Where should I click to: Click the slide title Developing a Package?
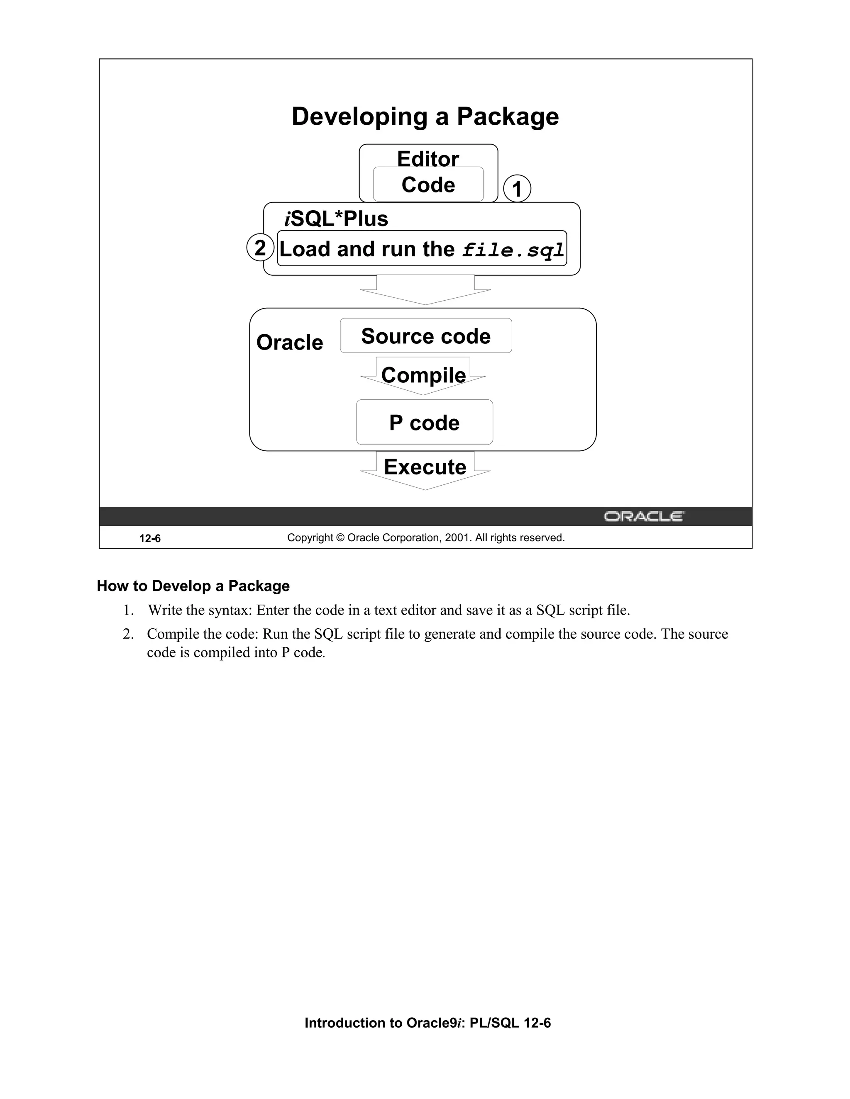tap(425, 117)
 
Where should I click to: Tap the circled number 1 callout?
tap(517, 189)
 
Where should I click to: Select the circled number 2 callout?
tap(260, 248)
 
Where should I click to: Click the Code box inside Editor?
tap(428, 185)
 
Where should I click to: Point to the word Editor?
tap(428, 158)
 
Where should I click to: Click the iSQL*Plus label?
tap(336, 219)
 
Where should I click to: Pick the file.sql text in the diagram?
tap(513, 250)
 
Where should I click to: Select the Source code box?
tap(426, 336)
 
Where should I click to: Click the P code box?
tap(425, 423)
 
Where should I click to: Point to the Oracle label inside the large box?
tap(290, 343)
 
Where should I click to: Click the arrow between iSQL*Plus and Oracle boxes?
tap(425, 290)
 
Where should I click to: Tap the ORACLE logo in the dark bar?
tap(644, 517)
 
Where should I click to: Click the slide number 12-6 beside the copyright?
tap(150, 538)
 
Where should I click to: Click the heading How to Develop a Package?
tap(193, 586)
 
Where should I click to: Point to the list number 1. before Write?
tap(128, 610)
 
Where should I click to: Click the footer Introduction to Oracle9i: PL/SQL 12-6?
tap(427, 1023)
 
